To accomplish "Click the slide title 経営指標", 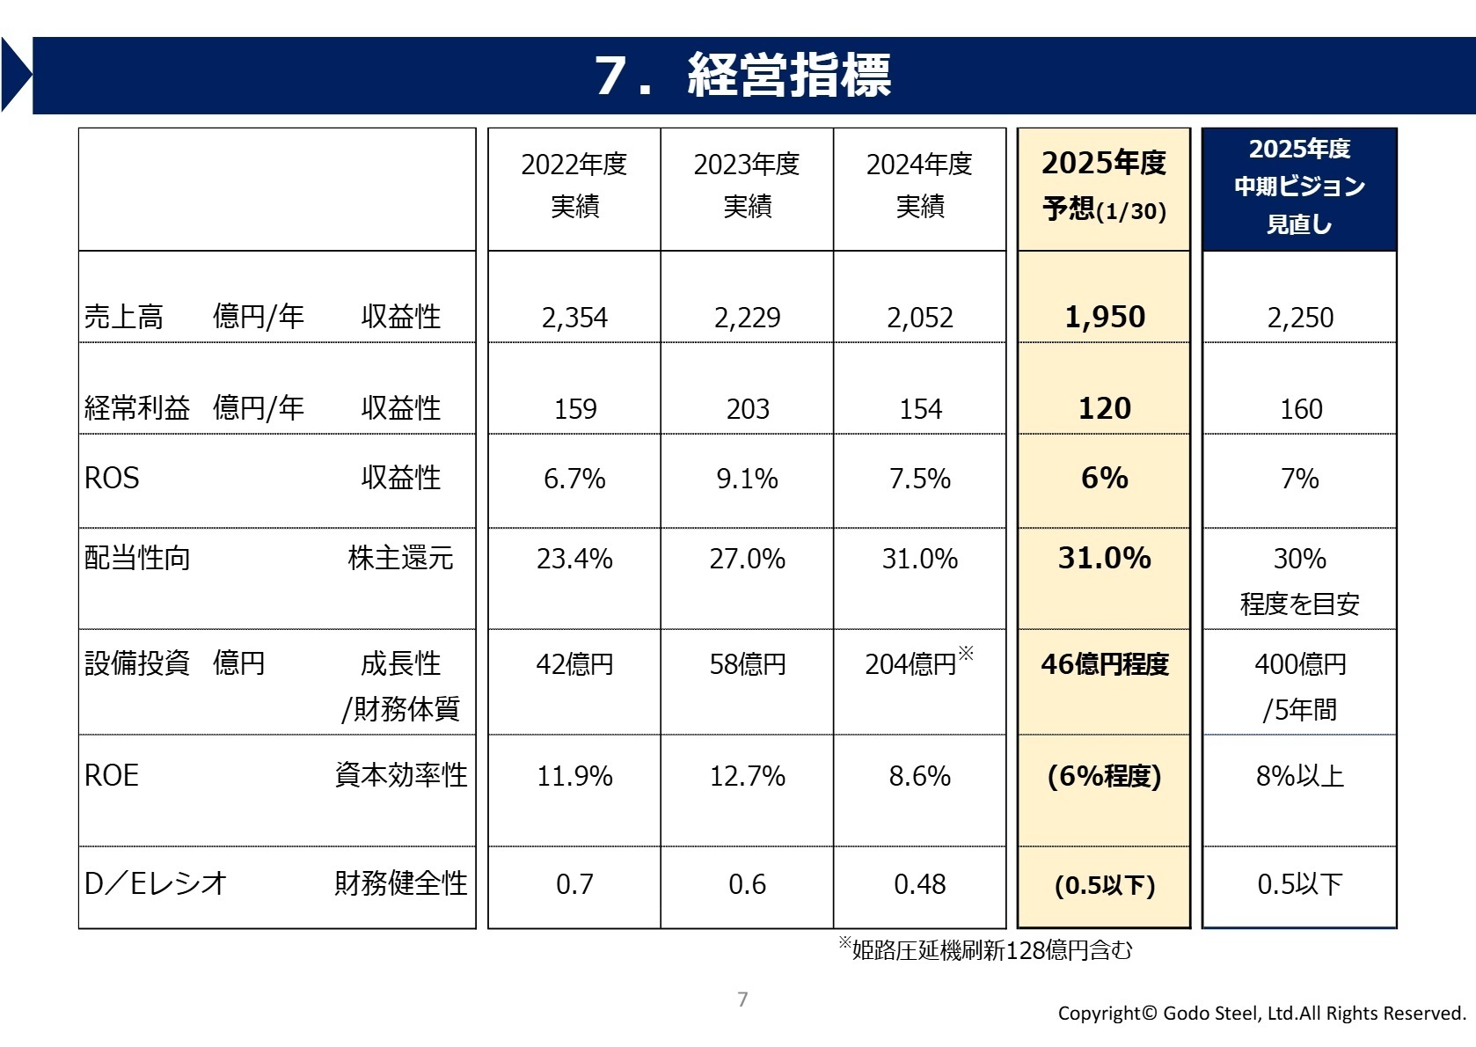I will click(x=788, y=75).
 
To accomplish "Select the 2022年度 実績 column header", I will click(x=574, y=185).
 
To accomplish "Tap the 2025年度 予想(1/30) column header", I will click(x=1104, y=186).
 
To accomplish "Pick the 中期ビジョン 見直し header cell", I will click(x=1299, y=187).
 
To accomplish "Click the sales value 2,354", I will click(x=574, y=318).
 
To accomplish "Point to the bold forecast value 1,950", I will click(x=1105, y=317).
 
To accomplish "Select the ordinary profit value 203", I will click(x=748, y=409).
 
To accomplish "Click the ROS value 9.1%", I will click(x=748, y=479).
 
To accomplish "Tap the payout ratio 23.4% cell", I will click(x=574, y=559).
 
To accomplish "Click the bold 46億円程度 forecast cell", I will click(x=1105, y=664).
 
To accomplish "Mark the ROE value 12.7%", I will click(x=748, y=776).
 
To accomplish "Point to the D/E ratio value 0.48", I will click(x=920, y=884).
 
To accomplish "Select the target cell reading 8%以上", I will click(x=1299, y=776).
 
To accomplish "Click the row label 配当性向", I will click(x=137, y=559).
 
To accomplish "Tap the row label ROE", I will click(x=112, y=776).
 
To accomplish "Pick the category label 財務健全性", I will click(x=401, y=883).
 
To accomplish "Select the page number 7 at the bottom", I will click(x=742, y=999).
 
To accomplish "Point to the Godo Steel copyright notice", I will click(x=1261, y=1014).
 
